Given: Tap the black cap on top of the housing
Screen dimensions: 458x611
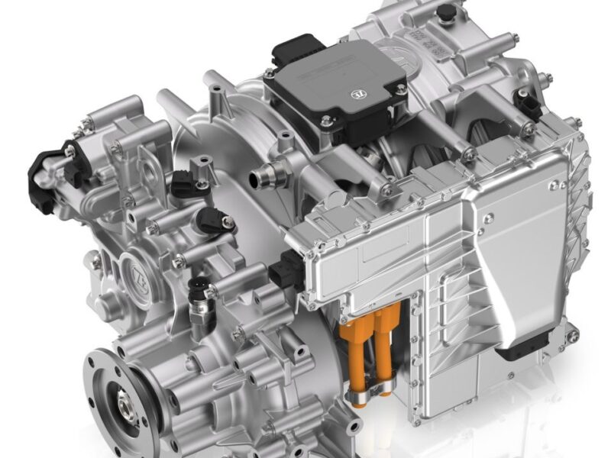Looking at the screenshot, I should tap(444, 12).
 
